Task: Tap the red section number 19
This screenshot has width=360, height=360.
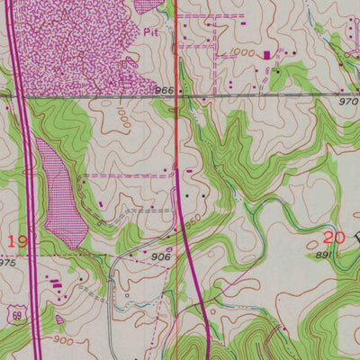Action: pos(16,240)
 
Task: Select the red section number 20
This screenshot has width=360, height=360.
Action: pos(334,238)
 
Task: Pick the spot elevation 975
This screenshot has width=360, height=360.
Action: pos(7,263)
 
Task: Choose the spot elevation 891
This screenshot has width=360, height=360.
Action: pos(323,256)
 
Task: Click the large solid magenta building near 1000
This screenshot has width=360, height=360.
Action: pos(266,55)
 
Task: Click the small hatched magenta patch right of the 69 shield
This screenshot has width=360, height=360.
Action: pos(59,318)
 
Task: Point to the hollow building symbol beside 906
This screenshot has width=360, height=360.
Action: pos(170,248)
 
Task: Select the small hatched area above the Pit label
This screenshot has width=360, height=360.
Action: pos(148,6)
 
